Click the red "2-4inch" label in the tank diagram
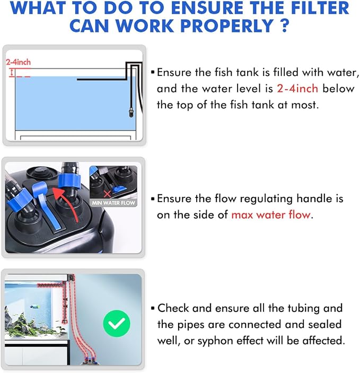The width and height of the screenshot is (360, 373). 19,62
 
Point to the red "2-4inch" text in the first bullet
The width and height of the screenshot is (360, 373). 296,89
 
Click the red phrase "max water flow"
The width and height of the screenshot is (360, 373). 271,215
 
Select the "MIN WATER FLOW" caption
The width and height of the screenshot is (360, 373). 113,203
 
